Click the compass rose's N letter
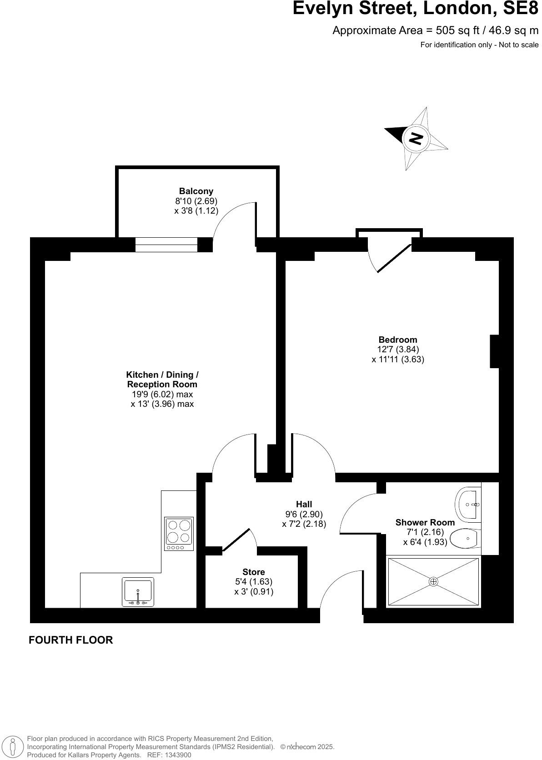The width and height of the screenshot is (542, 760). [416, 138]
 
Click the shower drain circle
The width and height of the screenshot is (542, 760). [433, 581]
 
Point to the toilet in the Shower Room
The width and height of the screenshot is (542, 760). [465, 539]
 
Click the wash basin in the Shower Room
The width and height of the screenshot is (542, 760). [467, 504]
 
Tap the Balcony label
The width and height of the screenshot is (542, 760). [196, 191]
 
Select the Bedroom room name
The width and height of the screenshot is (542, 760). [397, 340]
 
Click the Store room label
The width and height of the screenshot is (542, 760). [253, 572]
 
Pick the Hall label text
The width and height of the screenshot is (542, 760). [304, 504]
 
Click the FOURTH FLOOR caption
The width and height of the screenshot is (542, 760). [70, 640]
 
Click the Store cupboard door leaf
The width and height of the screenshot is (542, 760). [236, 540]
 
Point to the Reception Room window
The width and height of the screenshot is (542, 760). [166, 245]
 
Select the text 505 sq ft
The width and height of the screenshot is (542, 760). [457, 30]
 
